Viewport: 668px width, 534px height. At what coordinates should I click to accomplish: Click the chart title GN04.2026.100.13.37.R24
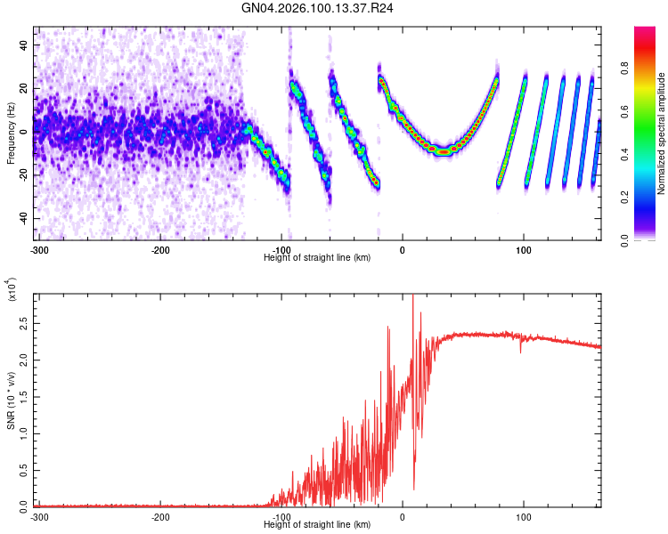pyautogui.click(x=318, y=10)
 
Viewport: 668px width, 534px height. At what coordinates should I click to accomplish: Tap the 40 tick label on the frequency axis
pyautogui.click(x=23, y=44)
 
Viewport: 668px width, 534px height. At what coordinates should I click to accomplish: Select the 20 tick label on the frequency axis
pyautogui.click(x=23, y=88)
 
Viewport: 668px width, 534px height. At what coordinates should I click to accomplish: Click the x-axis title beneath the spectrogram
pyautogui.click(x=318, y=258)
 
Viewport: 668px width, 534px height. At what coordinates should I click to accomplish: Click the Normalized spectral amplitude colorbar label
pyautogui.click(x=664, y=133)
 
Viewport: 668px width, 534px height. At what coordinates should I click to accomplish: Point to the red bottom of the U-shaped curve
pyautogui.click(x=443, y=151)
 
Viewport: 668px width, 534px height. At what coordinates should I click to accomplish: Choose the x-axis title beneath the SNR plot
pyautogui.click(x=318, y=525)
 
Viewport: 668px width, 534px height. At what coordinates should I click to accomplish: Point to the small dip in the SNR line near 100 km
pyautogui.click(x=522, y=352)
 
